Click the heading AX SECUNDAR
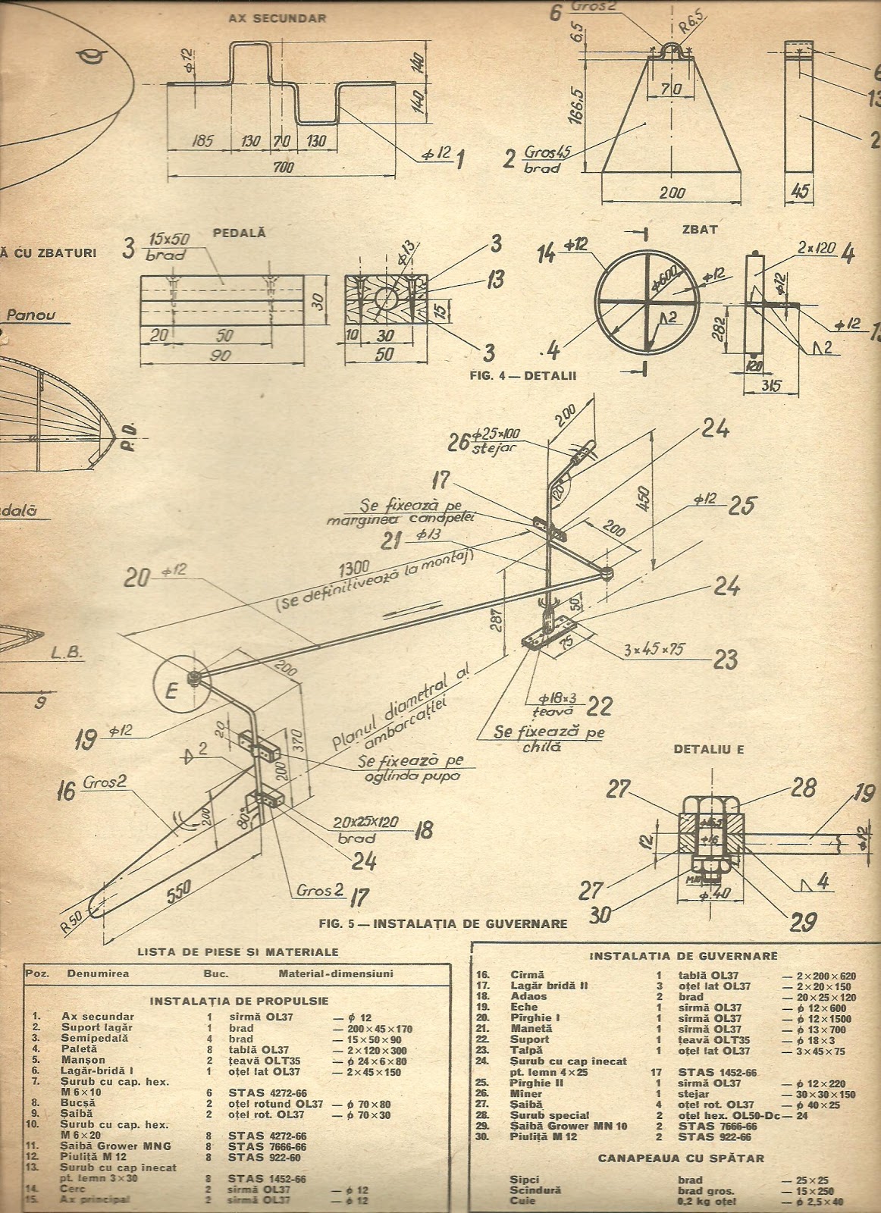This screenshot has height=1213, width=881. pos(277,18)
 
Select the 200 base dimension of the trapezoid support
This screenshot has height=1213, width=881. pos(672,193)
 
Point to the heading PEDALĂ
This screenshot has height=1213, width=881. pos(239,233)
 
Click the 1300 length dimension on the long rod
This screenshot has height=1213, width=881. pos(354,567)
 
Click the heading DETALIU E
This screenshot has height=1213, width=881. pos(709,750)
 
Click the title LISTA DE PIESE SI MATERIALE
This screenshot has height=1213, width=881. pos(238,951)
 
